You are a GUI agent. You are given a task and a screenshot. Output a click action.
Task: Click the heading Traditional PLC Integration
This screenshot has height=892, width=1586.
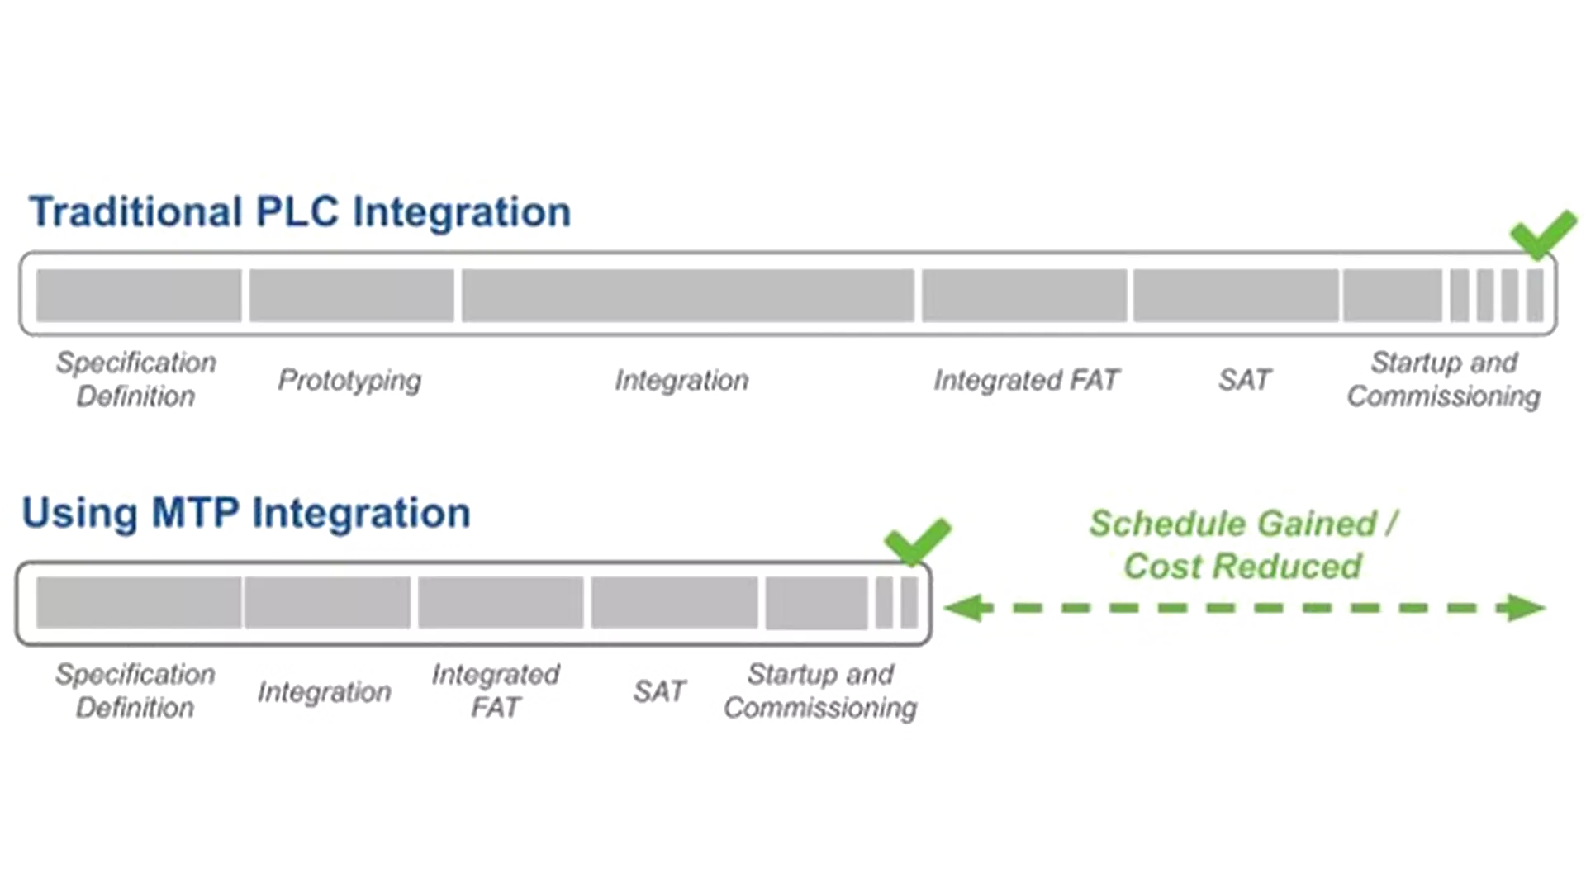(x=300, y=212)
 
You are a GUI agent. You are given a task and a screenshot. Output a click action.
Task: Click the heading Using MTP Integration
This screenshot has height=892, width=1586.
(x=246, y=513)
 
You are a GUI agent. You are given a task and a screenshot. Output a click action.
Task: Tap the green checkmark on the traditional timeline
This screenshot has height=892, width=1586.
(x=1541, y=234)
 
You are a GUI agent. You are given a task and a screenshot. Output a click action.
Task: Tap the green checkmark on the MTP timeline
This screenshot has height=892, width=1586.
(x=916, y=541)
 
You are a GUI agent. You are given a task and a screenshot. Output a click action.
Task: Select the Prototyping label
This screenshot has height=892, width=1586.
(x=349, y=380)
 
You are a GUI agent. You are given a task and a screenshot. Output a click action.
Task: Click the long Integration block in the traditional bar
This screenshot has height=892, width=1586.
(x=687, y=295)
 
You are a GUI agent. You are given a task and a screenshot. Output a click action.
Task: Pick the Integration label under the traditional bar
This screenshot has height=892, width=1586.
(x=681, y=380)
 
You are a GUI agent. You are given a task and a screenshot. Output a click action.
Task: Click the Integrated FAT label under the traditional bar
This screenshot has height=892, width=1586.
(x=1026, y=380)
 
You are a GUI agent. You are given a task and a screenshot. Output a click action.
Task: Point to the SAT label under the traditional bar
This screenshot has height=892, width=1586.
(x=1244, y=380)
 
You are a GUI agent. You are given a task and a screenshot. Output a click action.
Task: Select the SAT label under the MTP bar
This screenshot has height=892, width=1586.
(x=659, y=691)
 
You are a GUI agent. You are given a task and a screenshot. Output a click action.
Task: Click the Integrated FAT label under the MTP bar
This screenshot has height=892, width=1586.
(x=496, y=690)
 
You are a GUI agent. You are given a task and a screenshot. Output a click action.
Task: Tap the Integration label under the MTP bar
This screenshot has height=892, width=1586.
(x=324, y=691)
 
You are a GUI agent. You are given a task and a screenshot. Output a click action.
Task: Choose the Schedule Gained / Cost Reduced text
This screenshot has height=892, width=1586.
(x=1242, y=545)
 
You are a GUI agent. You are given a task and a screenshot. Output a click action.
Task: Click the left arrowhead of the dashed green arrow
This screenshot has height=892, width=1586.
(x=966, y=609)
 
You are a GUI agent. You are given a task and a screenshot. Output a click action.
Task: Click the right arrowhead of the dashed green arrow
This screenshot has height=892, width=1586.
(x=1523, y=609)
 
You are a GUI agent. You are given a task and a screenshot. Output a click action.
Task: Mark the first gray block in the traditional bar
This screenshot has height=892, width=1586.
(x=139, y=295)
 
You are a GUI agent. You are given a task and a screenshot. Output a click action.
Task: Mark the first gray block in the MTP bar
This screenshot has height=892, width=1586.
(x=139, y=603)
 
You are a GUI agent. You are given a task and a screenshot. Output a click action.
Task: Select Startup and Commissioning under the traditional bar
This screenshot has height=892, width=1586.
(x=1443, y=379)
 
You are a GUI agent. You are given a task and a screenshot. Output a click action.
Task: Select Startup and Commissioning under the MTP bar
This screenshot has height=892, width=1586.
(x=820, y=690)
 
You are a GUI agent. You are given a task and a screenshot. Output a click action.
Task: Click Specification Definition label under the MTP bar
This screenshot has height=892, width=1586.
(x=135, y=690)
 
